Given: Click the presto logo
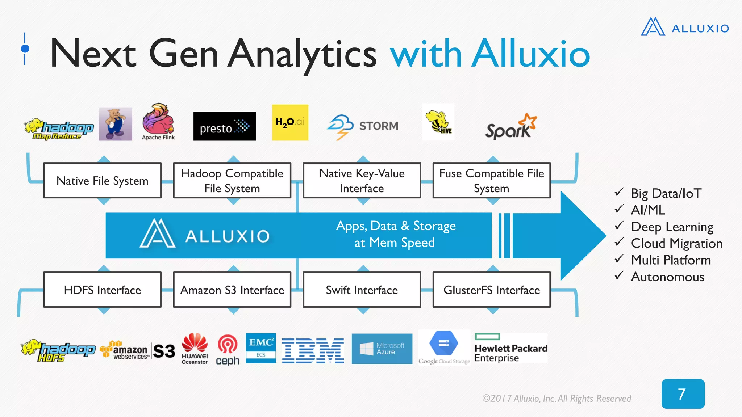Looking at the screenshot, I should (224, 126).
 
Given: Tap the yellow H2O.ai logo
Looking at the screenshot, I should (290, 122).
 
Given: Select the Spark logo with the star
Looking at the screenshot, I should (511, 127).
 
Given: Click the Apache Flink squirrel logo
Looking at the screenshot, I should (158, 122).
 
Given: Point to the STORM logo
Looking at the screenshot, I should (362, 126).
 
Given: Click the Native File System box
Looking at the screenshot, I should (103, 180).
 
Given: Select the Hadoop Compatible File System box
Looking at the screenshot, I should (232, 180).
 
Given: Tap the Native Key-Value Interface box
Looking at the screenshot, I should (362, 180).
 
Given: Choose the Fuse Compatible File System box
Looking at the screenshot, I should (492, 180).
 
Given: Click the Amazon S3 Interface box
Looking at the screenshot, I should (232, 290).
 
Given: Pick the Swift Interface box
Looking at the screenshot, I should (362, 290).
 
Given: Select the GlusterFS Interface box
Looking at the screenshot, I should (492, 290).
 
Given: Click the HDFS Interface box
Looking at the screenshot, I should (103, 290).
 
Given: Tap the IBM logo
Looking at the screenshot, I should (313, 350).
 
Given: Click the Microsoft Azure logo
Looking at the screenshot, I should (382, 349).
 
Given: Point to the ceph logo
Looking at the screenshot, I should (228, 350).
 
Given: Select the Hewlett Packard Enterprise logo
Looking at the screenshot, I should (511, 348).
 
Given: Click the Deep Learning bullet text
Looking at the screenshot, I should (672, 227).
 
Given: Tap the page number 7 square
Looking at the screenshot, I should (683, 394).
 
